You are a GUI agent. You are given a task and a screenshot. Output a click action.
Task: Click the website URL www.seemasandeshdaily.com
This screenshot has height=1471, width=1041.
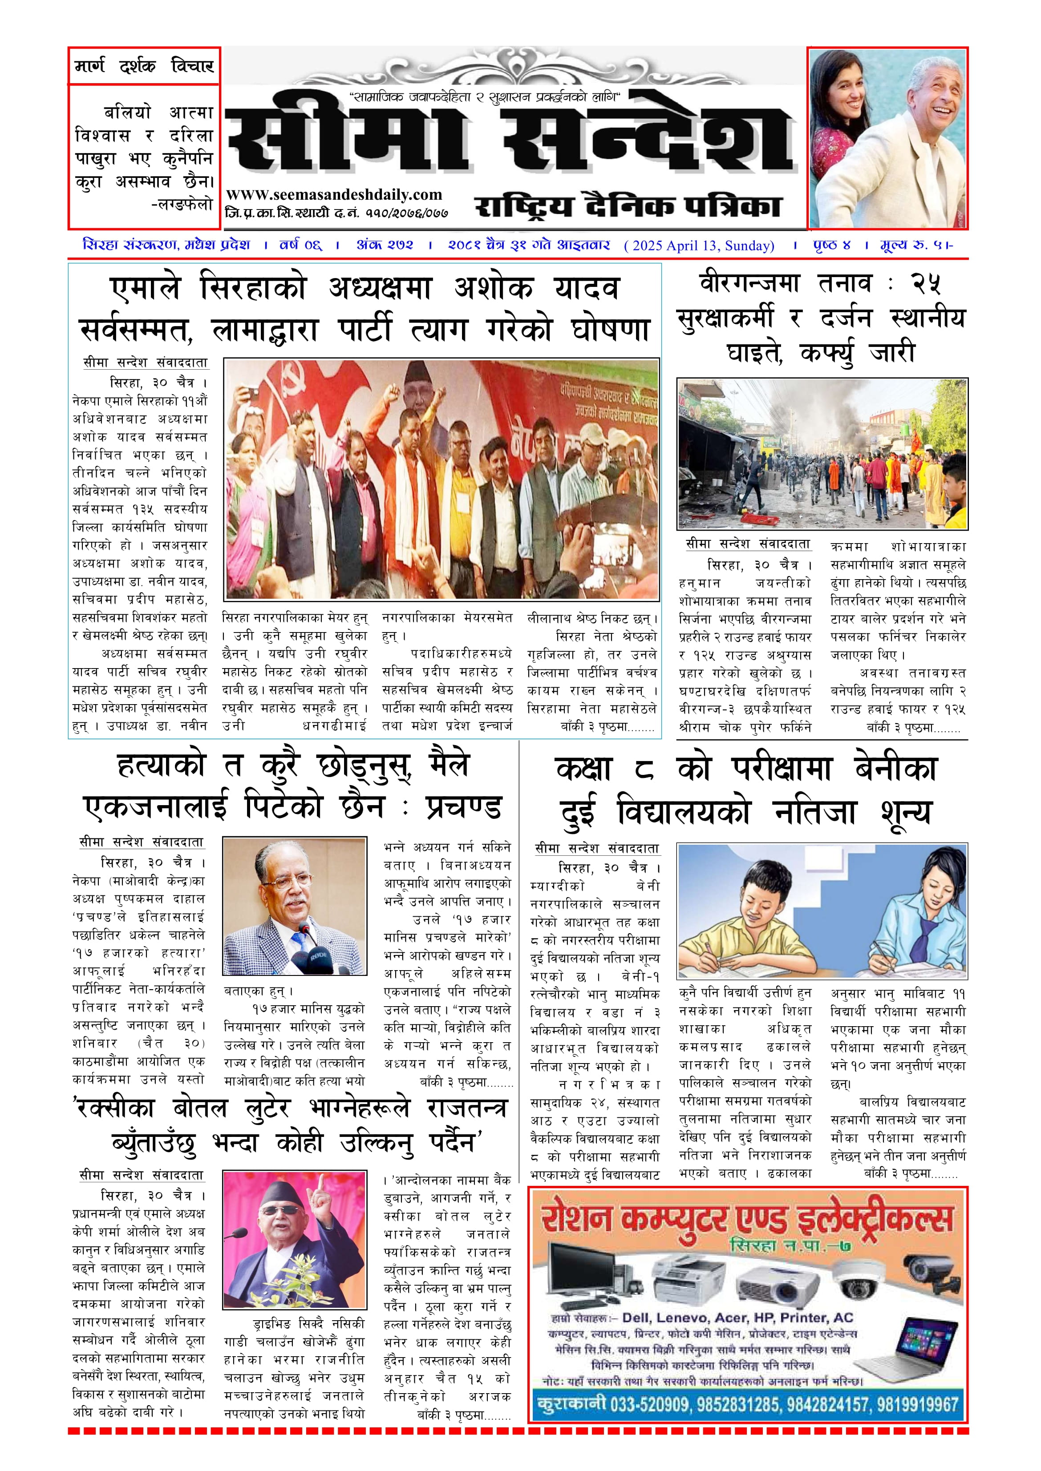(x=334, y=195)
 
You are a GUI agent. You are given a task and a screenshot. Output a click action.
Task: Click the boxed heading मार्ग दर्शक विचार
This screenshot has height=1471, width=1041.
(x=144, y=66)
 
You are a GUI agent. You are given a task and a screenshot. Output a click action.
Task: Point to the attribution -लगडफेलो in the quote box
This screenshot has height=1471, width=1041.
(x=182, y=205)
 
